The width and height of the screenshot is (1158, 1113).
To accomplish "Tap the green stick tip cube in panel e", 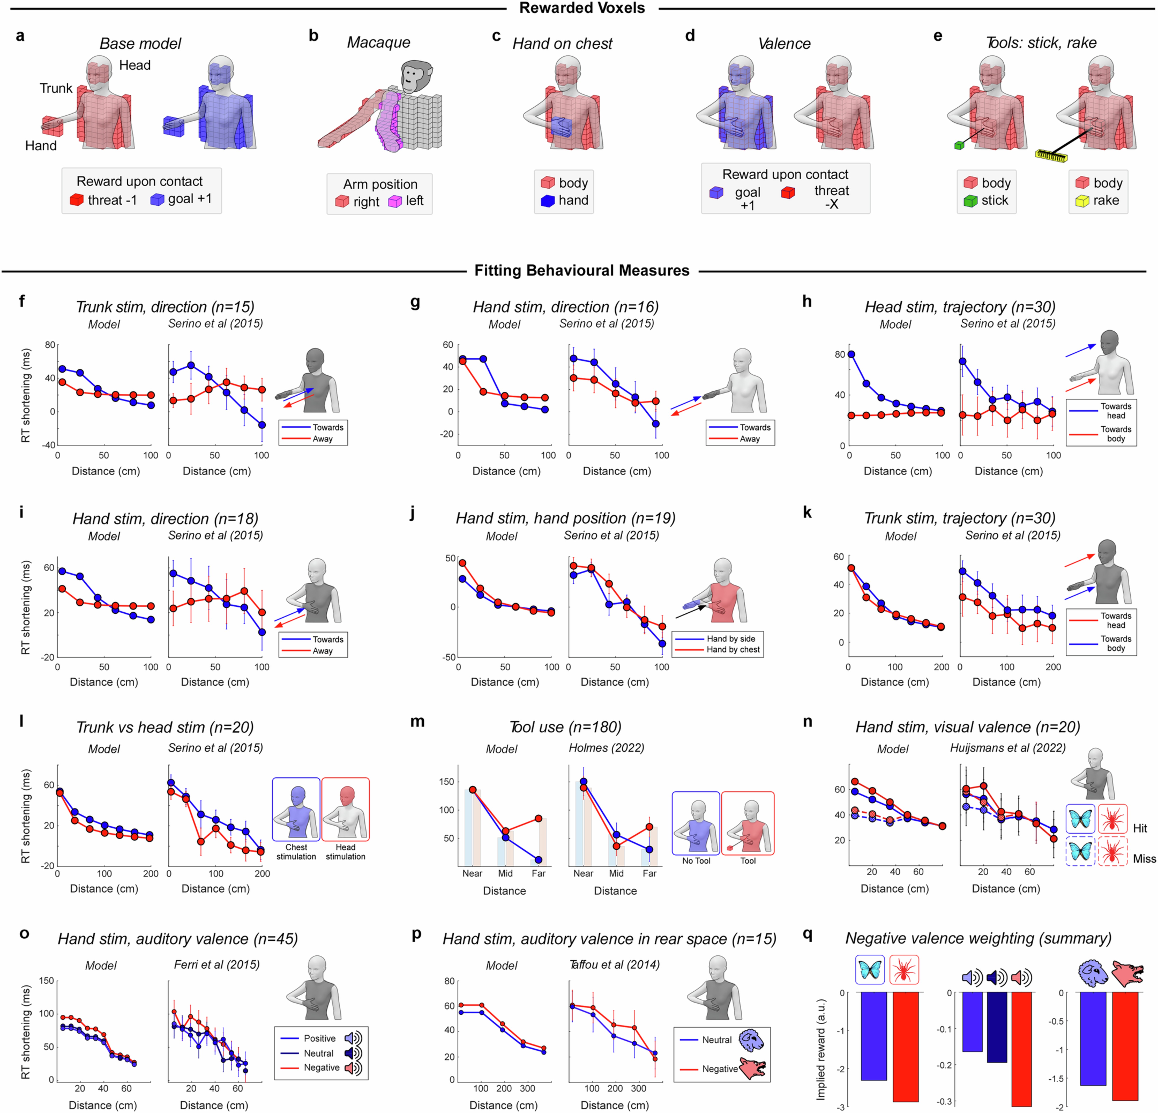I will point(959,145).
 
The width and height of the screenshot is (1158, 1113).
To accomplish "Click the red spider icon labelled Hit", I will point(1112,819).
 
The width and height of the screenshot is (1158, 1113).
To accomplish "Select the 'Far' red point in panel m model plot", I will point(538,818).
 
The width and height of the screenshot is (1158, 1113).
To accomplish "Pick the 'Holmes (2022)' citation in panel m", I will point(606,748).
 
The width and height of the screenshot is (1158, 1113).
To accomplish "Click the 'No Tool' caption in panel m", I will point(696,861).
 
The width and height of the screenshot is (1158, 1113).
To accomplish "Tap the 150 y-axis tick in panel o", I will point(46,981).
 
